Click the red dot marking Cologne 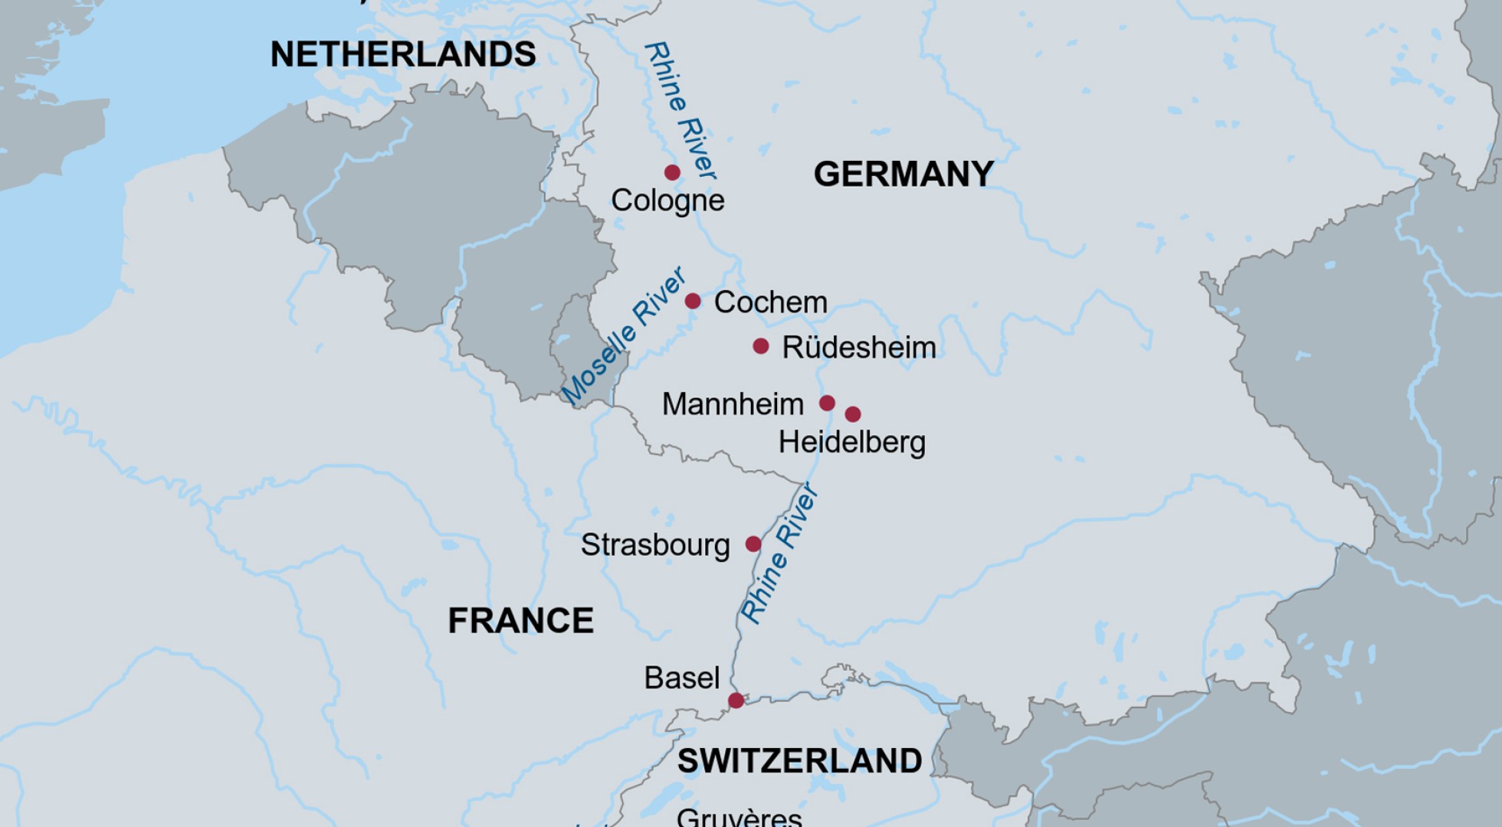[672, 172]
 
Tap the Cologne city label [667, 201]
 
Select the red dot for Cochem [692, 301]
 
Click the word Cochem [770, 302]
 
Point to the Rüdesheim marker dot [760, 346]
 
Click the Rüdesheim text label [858, 348]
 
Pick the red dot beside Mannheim [827, 403]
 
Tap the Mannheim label [733, 404]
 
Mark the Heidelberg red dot [853, 414]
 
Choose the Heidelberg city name [851, 443]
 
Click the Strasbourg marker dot [753, 544]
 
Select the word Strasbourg [655, 545]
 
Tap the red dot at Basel [736, 700]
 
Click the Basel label [681, 678]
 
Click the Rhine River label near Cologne [680, 111]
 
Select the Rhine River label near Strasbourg [779, 553]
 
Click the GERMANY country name [903, 175]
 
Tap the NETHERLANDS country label [403, 54]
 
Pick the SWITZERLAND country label [799, 760]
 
